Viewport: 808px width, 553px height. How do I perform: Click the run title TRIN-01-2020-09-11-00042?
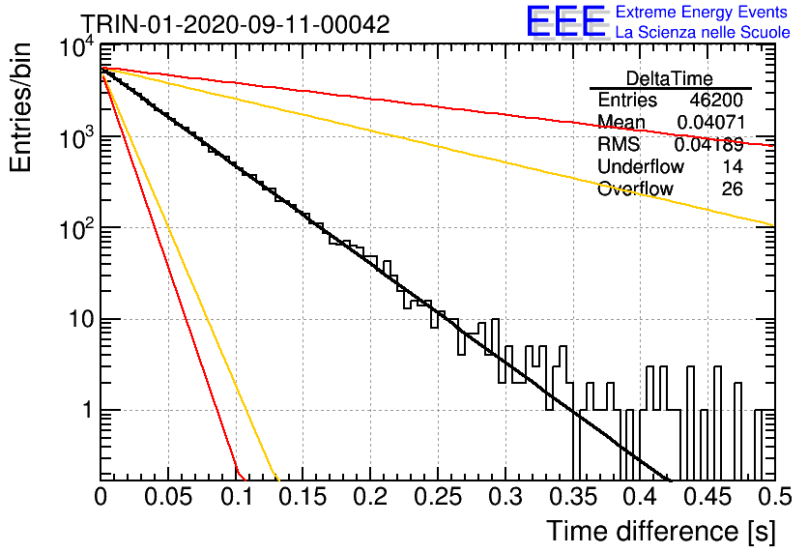pyautogui.click(x=236, y=24)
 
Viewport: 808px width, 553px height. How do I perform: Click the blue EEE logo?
pyautogui.click(x=566, y=21)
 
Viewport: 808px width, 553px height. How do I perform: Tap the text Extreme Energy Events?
pyautogui.click(x=702, y=12)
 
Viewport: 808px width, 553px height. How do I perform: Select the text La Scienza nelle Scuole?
pyautogui.click(x=703, y=32)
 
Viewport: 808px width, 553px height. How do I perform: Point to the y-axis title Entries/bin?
pyautogui.click(x=20, y=107)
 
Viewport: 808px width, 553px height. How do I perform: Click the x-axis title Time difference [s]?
pyautogui.click(x=661, y=532)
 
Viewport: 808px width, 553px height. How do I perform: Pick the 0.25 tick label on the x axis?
pyautogui.click(x=438, y=497)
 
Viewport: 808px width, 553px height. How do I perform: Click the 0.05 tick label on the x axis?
pyautogui.click(x=168, y=497)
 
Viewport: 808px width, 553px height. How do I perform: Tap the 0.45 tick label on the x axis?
pyautogui.click(x=708, y=497)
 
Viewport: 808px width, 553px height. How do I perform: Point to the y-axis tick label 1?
pyautogui.click(x=88, y=411)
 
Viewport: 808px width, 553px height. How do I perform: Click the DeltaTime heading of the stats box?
pyautogui.click(x=670, y=78)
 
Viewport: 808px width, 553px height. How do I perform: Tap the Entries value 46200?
pyautogui.click(x=716, y=100)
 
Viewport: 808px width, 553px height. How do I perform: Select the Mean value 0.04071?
pyautogui.click(x=710, y=122)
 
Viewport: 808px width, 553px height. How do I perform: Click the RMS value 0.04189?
pyautogui.click(x=709, y=145)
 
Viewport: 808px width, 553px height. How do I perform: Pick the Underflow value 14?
pyautogui.click(x=733, y=166)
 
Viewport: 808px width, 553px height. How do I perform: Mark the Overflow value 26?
pyautogui.click(x=733, y=189)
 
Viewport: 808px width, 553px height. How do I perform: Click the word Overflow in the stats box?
pyautogui.click(x=635, y=189)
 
